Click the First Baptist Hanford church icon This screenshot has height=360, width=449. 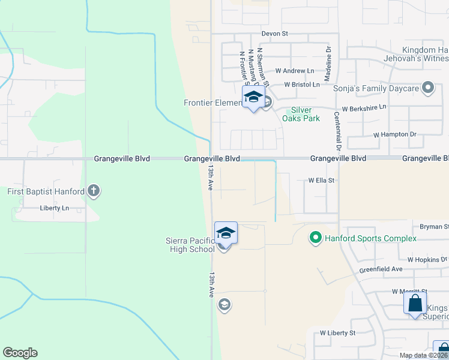pyautogui.click(x=93, y=191)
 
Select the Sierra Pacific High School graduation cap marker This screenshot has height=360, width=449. pyautogui.click(x=226, y=233)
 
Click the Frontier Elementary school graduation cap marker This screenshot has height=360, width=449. pyautogui.click(x=253, y=98)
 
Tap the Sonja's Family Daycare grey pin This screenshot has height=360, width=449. pyautogui.click(x=428, y=89)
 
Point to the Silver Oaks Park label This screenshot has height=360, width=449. pyautogui.click(x=305, y=114)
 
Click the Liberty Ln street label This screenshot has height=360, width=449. pyautogui.click(x=55, y=208)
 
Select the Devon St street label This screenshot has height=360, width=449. pyautogui.click(x=275, y=34)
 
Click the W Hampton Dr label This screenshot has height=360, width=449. pyautogui.click(x=394, y=134)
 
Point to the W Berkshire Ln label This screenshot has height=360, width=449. pyautogui.click(x=364, y=109)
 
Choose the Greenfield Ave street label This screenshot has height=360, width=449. pyautogui.click(x=381, y=269)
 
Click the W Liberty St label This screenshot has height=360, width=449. pyautogui.click(x=337, y=332)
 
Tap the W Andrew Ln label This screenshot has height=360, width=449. pyautogui.click(x=295, y=71)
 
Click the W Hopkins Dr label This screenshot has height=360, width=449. pyautogui.click(x=427, y=260)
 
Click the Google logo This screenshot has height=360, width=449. pyautogui.click(x=20, y=353)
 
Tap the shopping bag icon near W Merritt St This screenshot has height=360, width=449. pyautogui.click(x=415, y=302)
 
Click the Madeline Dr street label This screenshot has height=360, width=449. pyautogui.click(x=328, y=64)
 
